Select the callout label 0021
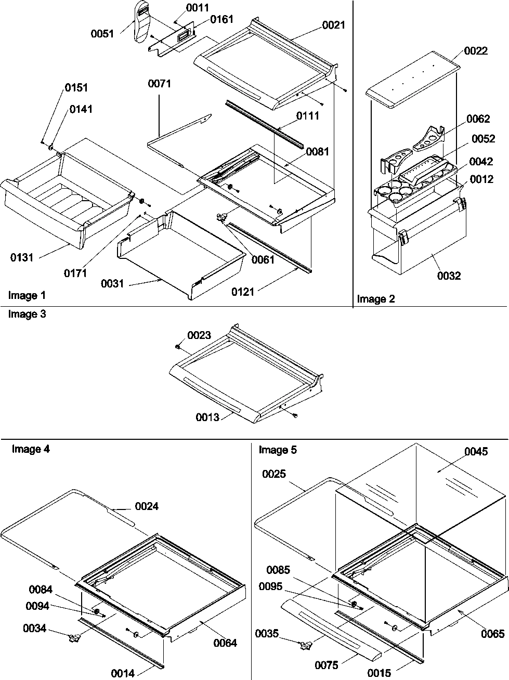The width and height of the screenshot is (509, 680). pos(333,24)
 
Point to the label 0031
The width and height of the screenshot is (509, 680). pos(112,283)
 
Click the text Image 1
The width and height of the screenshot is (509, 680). pos(27,295)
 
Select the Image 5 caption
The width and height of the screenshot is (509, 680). pos(278,450)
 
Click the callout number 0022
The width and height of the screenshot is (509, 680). pos(476,50)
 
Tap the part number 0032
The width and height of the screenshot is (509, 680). pos(449,276)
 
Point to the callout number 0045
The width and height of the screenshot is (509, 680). pos(476,451)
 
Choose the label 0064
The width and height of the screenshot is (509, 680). pos(225,643)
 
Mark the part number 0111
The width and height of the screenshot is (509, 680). pos(307,115)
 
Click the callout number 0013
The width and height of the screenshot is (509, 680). pos(208,417)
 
